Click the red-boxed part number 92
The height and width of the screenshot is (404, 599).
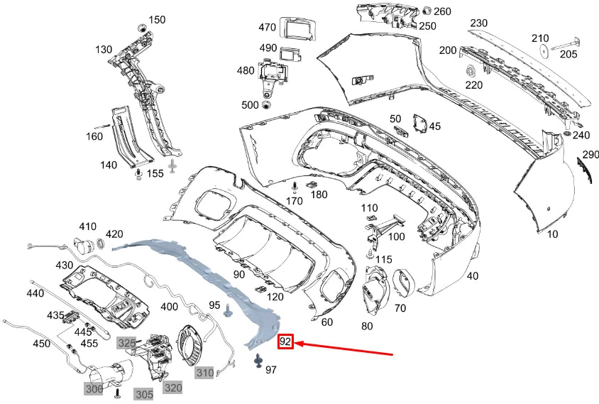pyautogui.click(x=285, y=342)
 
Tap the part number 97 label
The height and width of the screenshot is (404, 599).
pyautogui.click(x=271, y=370)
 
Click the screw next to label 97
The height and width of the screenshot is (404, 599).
pyautogui.click(x=257, y=361)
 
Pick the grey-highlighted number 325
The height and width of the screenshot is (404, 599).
pyautogui.click(x=126, y=343)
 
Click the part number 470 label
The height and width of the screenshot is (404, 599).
pyautogui.click(x=267, y=28)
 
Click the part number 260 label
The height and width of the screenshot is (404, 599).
pyautogui.click(x=442, y=11)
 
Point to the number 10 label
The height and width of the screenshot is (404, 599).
pyautogui.click(x=552, y=234)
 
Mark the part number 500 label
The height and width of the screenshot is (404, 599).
pyautogui.click(x=250, y=105)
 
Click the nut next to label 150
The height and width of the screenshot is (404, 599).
pyautogui.click(x=141, y=27)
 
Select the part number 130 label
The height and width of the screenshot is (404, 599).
pyautogui.click(x=104, y=50)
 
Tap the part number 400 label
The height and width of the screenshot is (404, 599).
pyautogui.click(x=170, y=307)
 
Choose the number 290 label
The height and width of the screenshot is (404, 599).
pyautogui.click(x=590, y=154)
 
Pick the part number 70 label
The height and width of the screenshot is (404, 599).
pyautogui.click(x=400, y=309)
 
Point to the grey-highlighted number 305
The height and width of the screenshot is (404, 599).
pyautogui.click(x=144, y=395)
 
